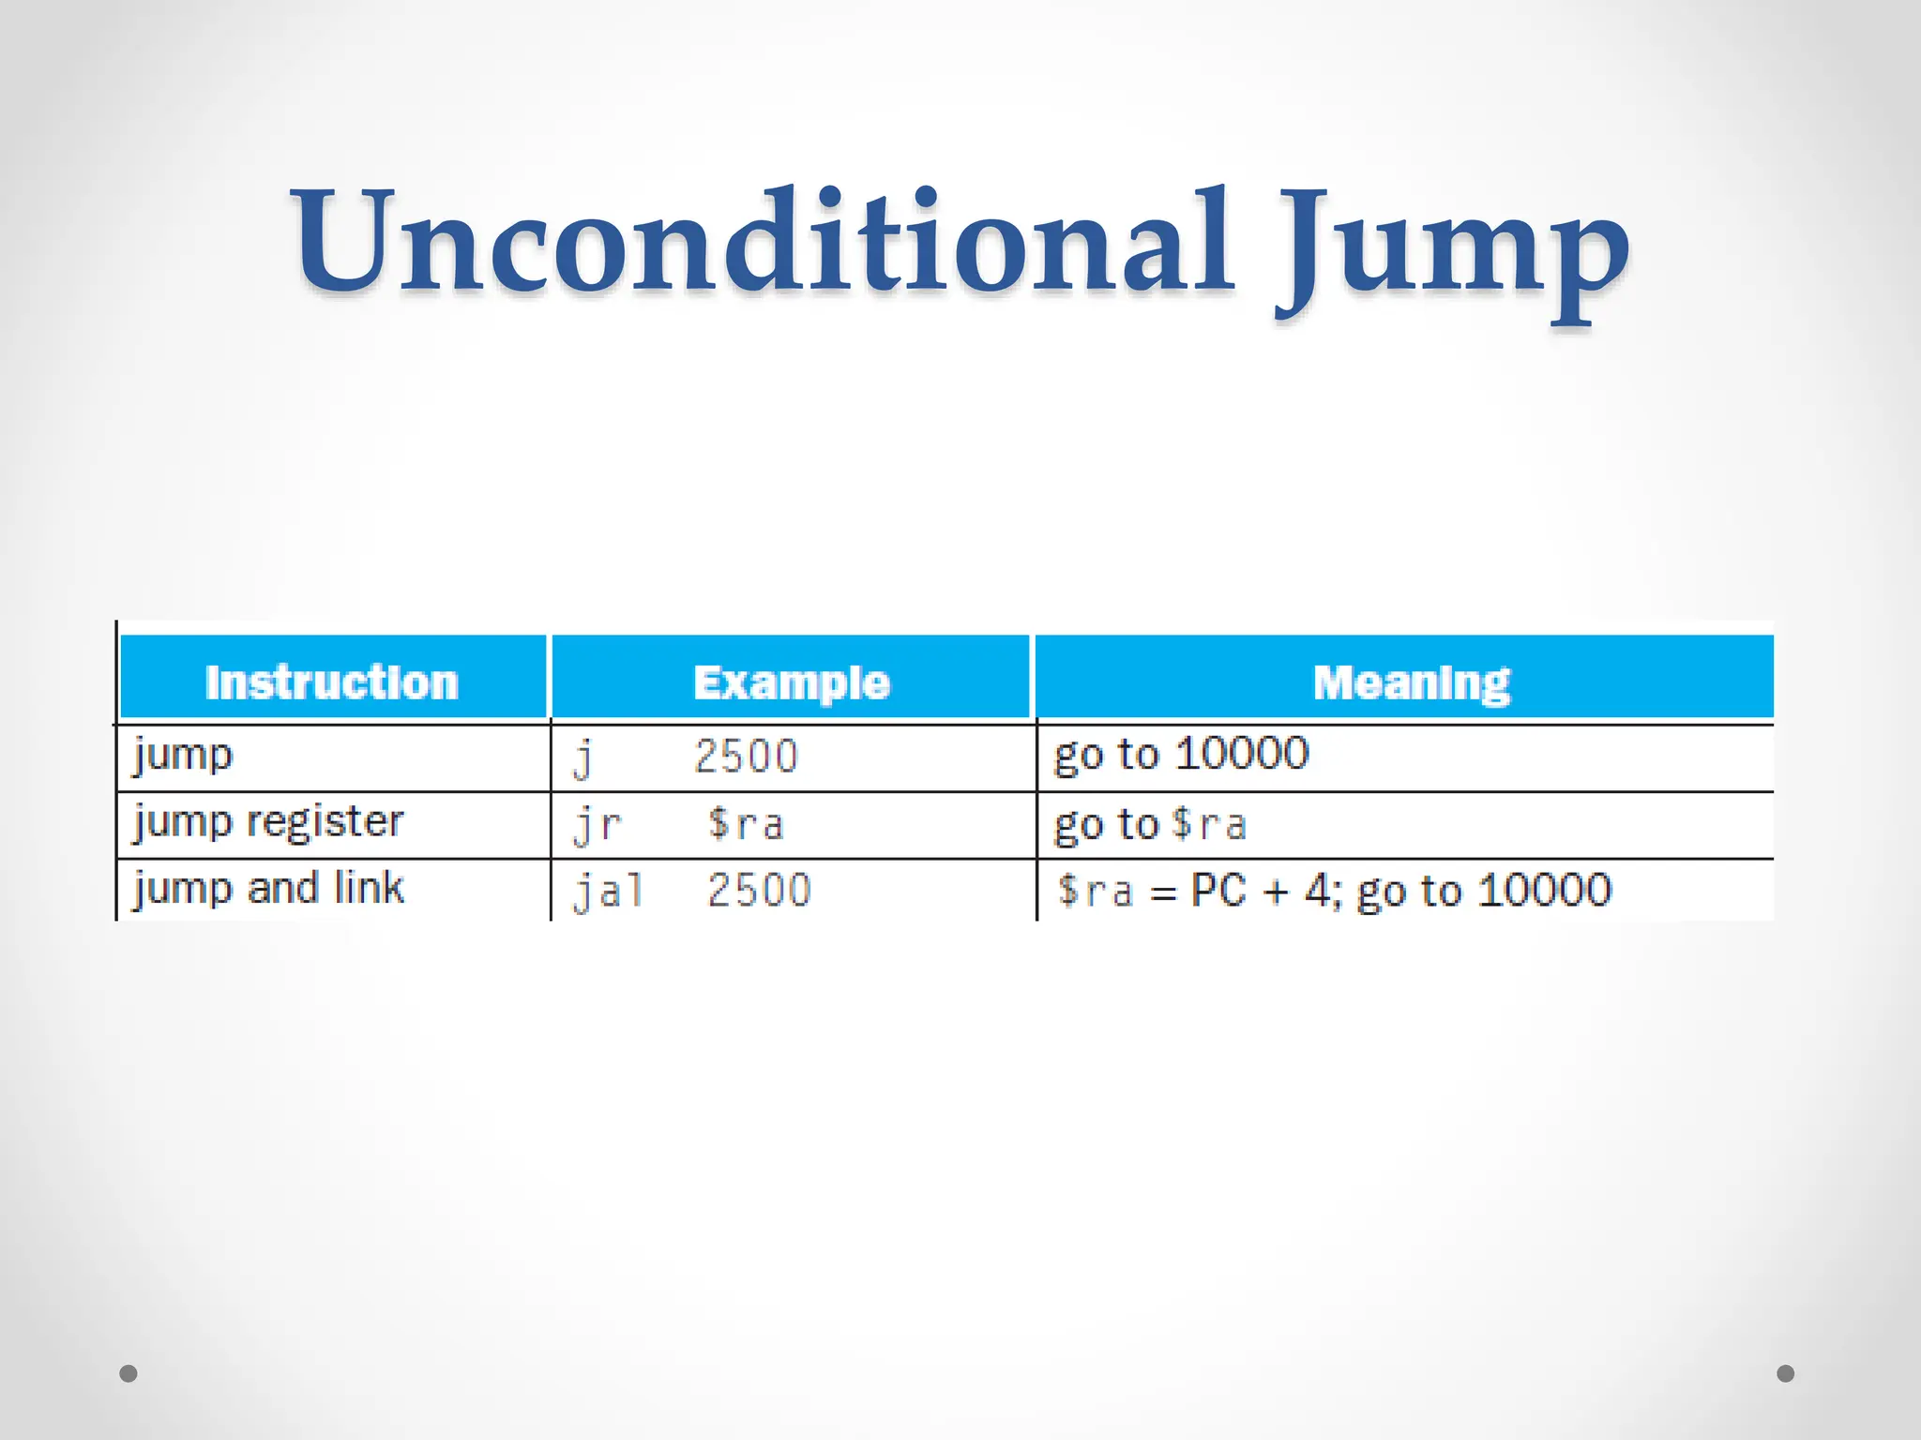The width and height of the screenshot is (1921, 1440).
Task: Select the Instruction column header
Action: coord(332,682)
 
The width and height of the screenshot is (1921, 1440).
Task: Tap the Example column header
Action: coord(791,682)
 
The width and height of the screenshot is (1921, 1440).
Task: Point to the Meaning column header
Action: coord(1412,682)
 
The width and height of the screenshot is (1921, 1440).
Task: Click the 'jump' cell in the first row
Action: coord(183,756)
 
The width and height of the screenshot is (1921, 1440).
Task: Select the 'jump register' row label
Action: coord(268,823)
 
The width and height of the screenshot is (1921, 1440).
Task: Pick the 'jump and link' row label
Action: coord(268,889)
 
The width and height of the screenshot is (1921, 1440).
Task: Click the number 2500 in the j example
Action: coord(746,757)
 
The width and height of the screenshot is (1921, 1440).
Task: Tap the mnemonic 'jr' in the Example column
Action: coord(597,825)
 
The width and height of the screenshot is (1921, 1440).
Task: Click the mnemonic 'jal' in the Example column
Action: coord(609,891)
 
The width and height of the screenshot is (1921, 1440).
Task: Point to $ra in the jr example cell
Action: coord(746,824)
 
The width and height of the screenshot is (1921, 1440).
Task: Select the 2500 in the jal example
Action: coord(759,891)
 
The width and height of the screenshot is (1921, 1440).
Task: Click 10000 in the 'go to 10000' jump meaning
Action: coord(1242,754)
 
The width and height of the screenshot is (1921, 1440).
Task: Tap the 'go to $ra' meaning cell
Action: coord(1150,824)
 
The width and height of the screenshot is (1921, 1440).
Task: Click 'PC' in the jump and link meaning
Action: coord(1218,891)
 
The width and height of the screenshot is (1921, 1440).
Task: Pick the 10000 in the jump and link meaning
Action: coord(1544,891)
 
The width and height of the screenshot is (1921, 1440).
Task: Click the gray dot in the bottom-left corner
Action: coord(129,1373)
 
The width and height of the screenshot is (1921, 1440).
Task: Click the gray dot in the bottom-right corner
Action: coord(1786,1373)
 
